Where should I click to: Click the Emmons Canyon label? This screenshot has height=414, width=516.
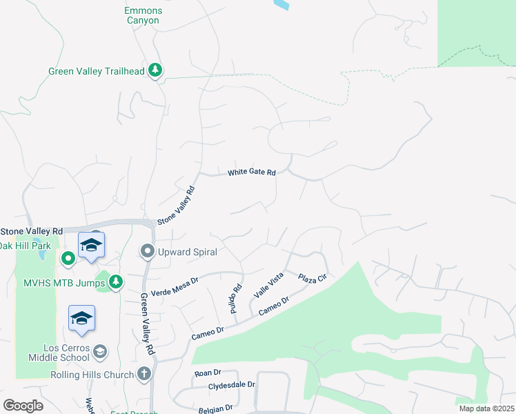click(x=142, y=16)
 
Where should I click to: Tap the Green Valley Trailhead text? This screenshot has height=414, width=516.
click(x=96, y=71)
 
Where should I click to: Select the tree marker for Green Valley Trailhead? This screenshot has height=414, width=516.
click(x=157, y=70)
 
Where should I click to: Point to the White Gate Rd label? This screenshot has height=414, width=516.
click(x=252, y=172)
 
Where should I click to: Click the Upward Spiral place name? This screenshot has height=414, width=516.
click(x=187, y=252)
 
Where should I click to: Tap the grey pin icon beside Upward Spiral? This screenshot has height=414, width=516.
click(x=146, y=251)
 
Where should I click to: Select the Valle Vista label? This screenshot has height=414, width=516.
click(x=269, y=285)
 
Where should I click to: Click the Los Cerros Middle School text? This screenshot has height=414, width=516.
click(x=59, y=352)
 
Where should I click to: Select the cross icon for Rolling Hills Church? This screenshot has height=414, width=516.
click(x=144, y=375)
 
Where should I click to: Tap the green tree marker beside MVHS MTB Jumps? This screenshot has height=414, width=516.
click(x=116, y=281)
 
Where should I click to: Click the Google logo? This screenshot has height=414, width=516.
click(x=23, y=406)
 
